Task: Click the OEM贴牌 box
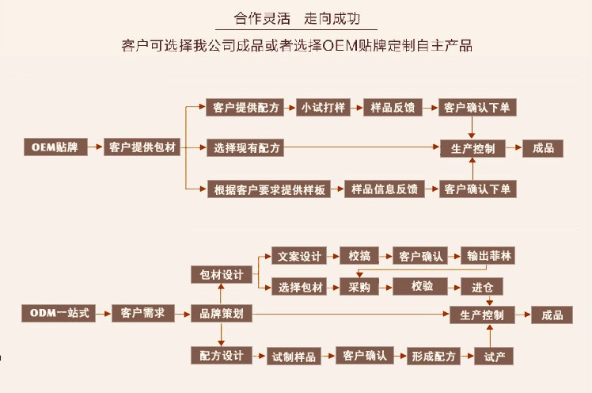(x=55, y=147)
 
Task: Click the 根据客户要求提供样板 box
(x=270, y=189)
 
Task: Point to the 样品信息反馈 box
(x=384, y=189)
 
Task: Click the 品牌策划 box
(x=222, y=314)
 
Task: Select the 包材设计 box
(x=222, y=274)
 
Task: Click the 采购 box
(x=359, y=287)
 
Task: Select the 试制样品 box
(x=293, y=356)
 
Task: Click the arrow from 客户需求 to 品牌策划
(x=182, y=314)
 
